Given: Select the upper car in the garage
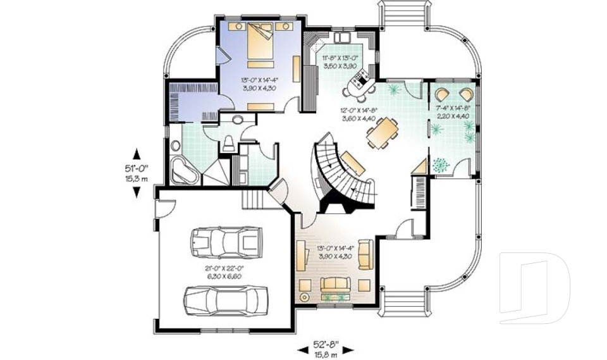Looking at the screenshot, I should coord(225,240).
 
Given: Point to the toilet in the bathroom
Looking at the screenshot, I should coord(229,143).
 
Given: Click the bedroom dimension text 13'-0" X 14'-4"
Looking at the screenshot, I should coord(259,85).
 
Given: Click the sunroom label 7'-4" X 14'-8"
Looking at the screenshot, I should coord(453,112).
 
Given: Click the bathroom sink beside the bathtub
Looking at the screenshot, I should coord(239,120).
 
